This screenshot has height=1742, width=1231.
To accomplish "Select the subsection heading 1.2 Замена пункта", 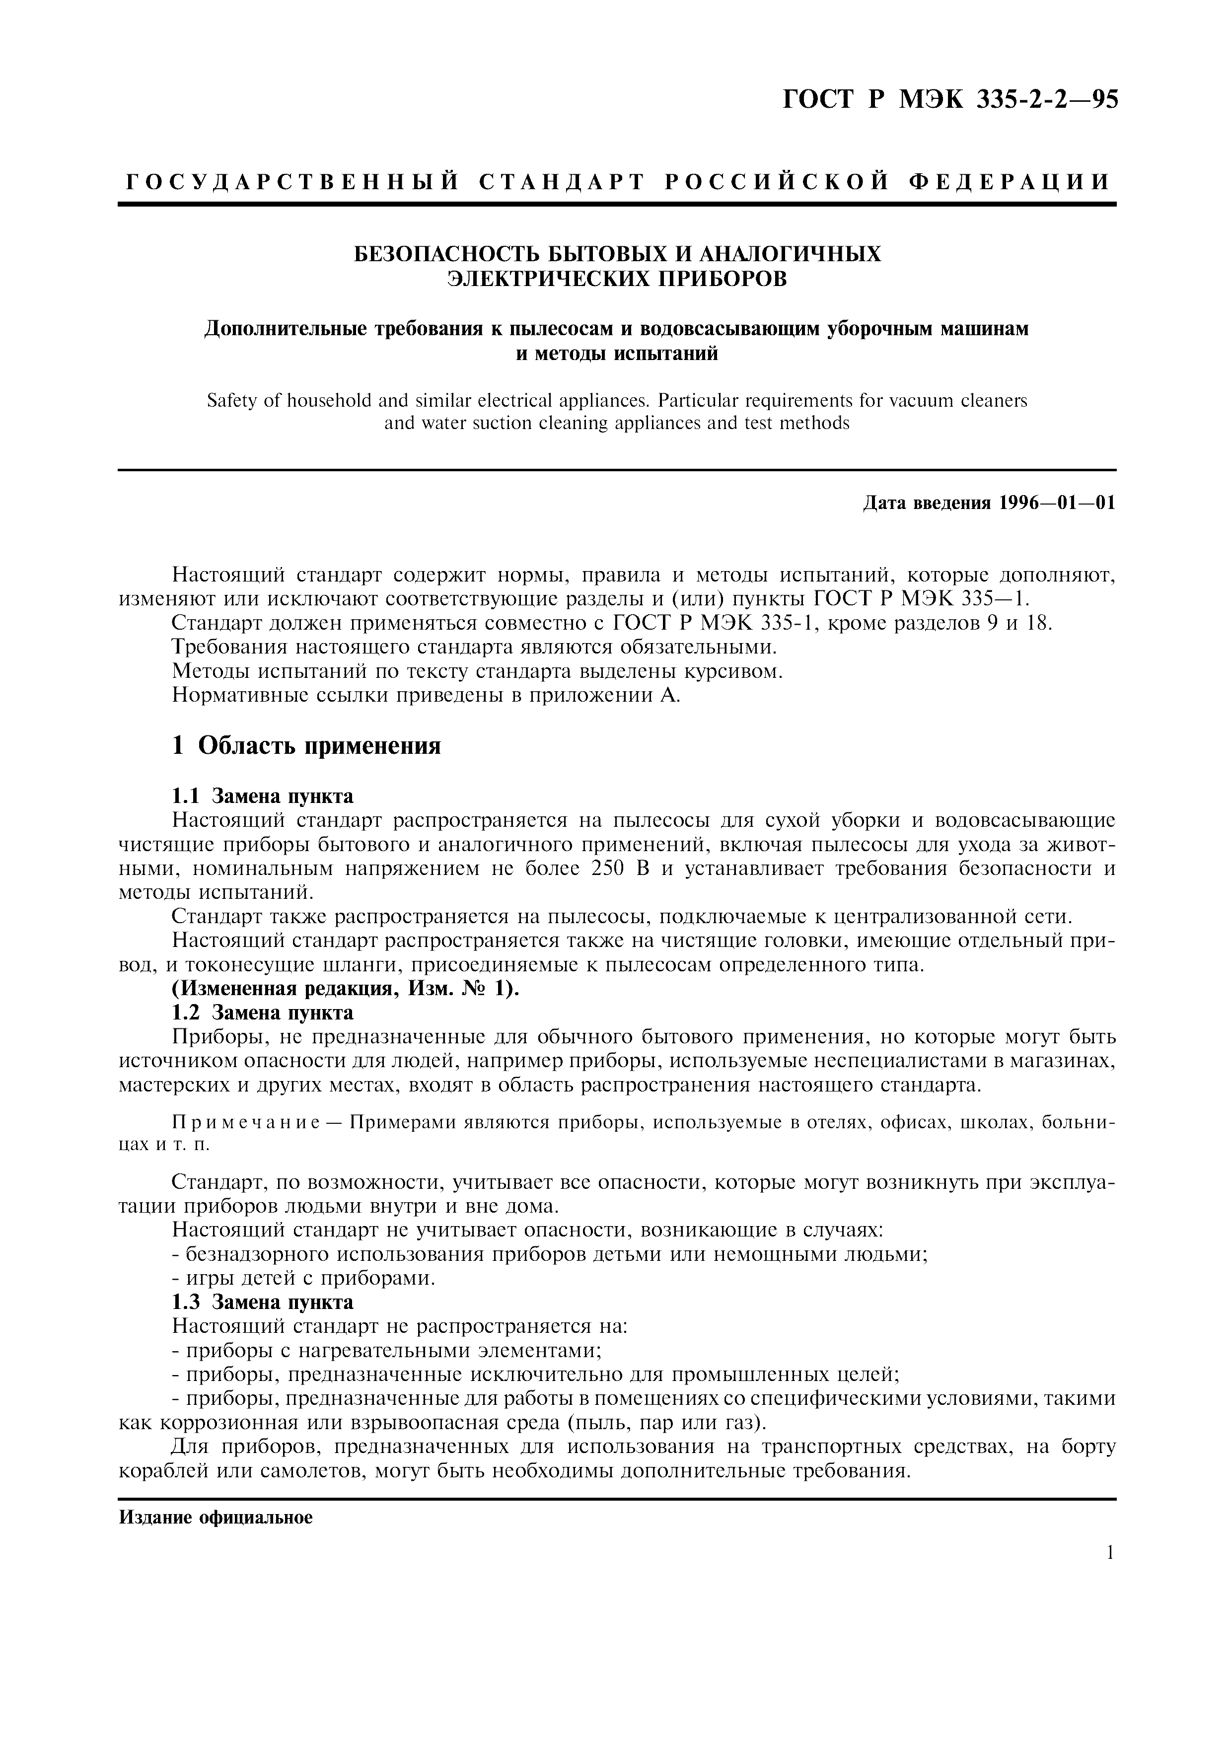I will [262, 1013].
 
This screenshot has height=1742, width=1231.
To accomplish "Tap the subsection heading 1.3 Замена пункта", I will [262, 1302].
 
